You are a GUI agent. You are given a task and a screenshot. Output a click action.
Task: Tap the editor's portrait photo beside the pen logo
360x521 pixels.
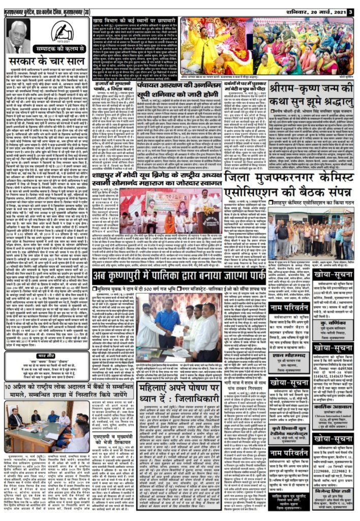point(19,36)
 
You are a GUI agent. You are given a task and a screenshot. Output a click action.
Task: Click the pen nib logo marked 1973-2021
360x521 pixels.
point(61,32)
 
